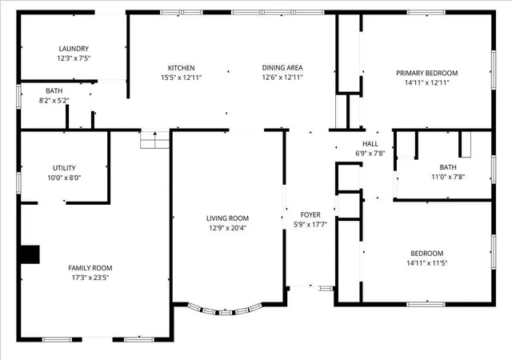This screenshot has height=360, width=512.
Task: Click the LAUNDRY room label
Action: tap(74, 49)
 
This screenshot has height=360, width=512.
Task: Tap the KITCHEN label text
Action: tap(182, 68)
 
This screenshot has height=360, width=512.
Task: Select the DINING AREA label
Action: tap(282, 68)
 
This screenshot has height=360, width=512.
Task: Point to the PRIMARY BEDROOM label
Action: tap(426, 73)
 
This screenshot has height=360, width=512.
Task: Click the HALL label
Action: tap(370, 144)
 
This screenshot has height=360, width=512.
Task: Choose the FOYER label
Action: tap(310, 214)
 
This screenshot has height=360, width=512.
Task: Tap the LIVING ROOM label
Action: tap(227, 218)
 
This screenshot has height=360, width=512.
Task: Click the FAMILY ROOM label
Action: tap(90, 268)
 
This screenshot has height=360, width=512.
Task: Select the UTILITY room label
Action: tap(64, 168)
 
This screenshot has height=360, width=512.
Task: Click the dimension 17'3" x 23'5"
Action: tap(90, 278)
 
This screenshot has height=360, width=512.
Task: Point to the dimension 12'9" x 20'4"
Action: tap(227, 228)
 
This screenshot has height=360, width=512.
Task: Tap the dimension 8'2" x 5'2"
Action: tap(54, 101)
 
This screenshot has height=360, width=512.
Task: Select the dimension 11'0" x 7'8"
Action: tap(448, 177)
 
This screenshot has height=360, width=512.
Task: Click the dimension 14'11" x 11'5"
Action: tap(426, 263)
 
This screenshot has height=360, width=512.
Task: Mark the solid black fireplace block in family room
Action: tap(30, 254)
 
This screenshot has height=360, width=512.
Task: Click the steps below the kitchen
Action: tap(154, 140)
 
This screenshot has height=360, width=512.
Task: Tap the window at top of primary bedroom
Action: tap(426, 13)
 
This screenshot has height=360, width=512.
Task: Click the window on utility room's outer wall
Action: tap(18, 182)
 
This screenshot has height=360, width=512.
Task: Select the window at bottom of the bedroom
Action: tap(426, 305)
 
